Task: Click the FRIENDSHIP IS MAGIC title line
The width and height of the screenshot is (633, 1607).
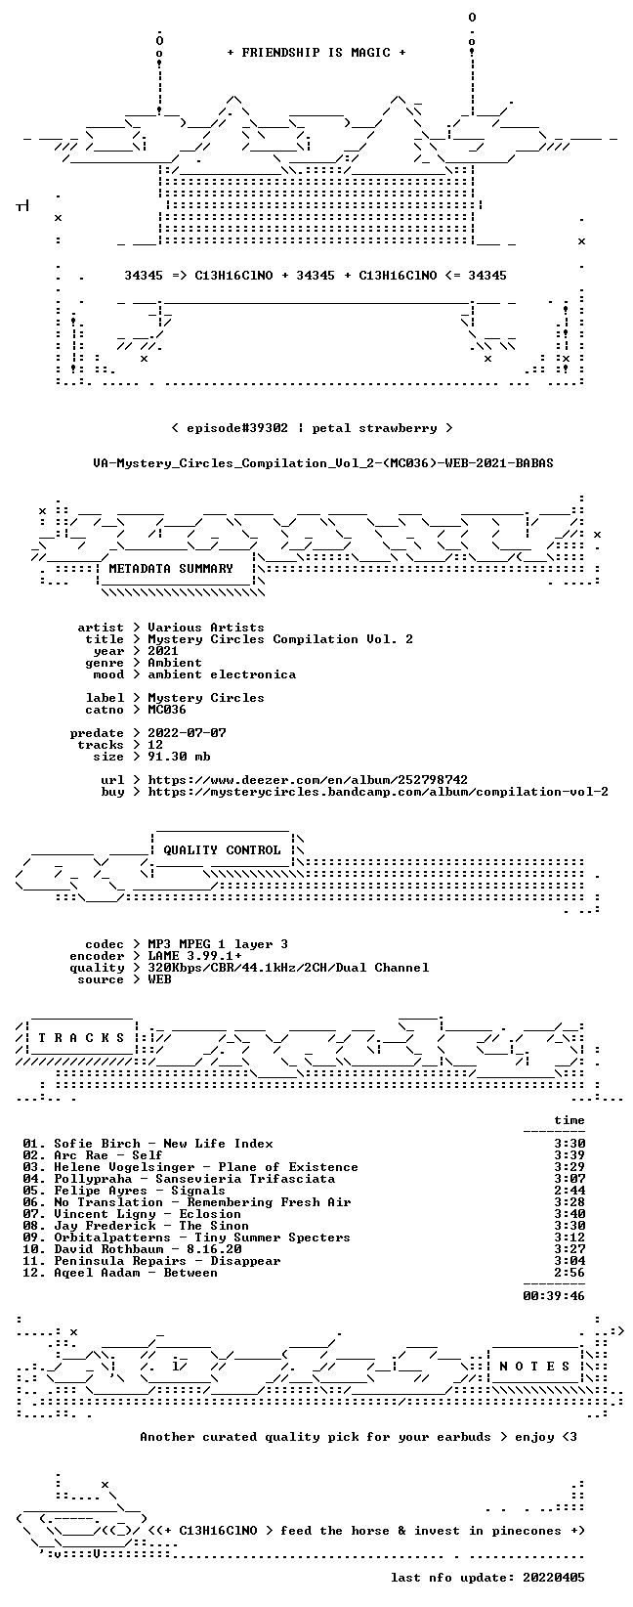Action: (x=316, y=53)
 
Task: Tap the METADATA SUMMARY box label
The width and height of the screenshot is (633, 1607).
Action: (x=171, y=569)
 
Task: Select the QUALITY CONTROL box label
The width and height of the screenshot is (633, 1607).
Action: (x=222, y=850)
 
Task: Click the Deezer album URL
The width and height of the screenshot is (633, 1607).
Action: (x=309, y=780)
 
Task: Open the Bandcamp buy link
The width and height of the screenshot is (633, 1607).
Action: (x=378, y=792)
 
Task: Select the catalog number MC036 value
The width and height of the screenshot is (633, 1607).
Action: (x=167, y=710)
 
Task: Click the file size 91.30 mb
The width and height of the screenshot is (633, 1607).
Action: (x=179, y=757)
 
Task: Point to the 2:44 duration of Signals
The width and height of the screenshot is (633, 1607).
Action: (x=570, y=1191)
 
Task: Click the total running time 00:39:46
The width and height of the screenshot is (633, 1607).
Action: (x=554, y=1296)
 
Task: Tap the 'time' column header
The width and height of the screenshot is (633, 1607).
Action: (x=570, y=1120)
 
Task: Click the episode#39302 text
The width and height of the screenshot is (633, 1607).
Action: (x=237, y=428)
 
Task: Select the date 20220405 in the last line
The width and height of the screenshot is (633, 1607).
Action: (x=554, y=1578)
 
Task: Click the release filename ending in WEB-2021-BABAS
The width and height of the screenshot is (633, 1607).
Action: (x=323, y=463)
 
